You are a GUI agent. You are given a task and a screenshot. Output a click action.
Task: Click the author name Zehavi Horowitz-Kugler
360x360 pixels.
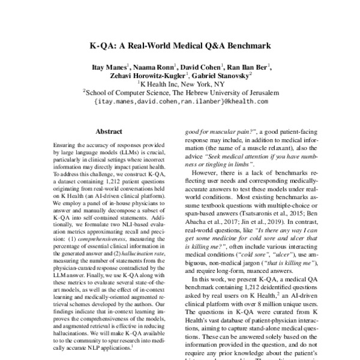[x=145, y=76]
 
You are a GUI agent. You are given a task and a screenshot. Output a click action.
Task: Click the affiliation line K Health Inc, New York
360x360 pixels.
[x=181, y=85]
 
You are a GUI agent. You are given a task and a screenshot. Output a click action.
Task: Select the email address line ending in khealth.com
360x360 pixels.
[x=181, y=102]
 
